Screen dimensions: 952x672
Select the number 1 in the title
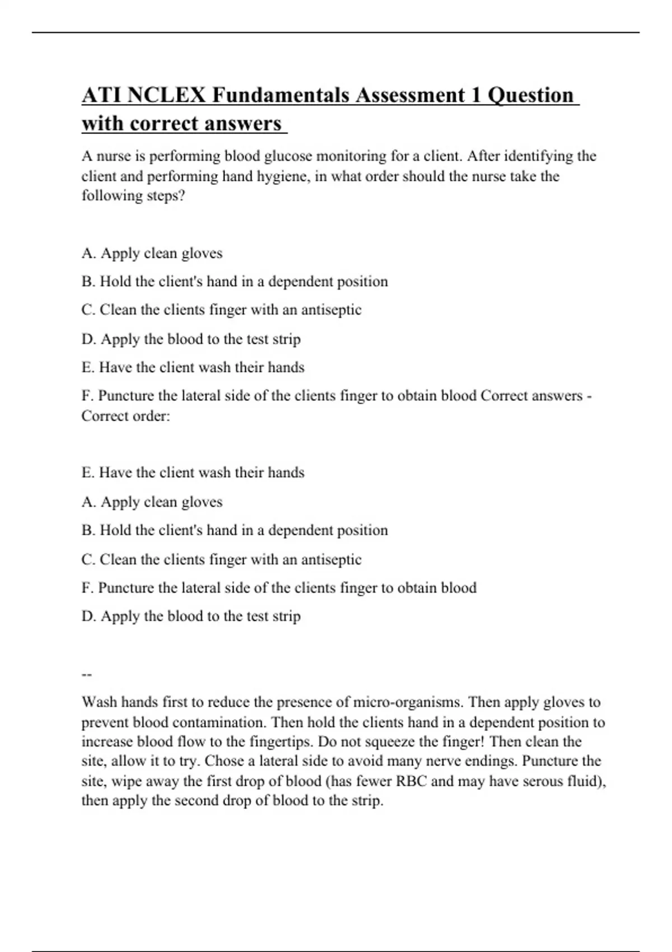click(475, 95)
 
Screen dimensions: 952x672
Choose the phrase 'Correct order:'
click(125, 416)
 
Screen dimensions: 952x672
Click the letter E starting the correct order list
click(86, 473)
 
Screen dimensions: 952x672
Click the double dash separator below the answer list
click(86, 674)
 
